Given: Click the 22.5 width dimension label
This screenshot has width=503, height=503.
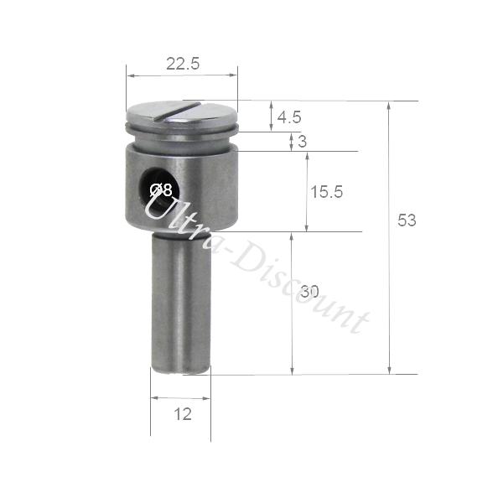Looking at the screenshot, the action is click(183, 64).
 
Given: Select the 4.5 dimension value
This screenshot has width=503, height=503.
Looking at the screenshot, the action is click(289, 117).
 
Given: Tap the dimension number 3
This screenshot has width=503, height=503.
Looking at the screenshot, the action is click(302, 142).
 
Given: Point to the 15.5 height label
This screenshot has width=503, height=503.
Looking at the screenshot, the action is click(327, 192).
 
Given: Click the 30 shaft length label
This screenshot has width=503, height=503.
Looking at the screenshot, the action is click(310, 292).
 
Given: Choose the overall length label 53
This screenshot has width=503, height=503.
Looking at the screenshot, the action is click(407, 220).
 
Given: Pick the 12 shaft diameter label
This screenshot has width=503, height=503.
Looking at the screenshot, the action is click(183, 414).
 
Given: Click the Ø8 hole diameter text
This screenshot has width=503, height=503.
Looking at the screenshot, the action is click(161, 190).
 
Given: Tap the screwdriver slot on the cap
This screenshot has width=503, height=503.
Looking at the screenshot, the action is click(177, 111).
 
